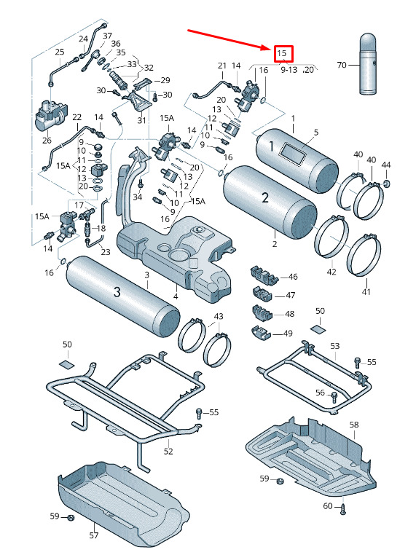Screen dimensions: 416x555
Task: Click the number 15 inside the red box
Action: point(282,53)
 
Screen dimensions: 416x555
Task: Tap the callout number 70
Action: point(342,65)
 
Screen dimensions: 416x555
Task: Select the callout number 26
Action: point(47,141)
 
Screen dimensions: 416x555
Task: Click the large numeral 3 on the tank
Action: point(117,291)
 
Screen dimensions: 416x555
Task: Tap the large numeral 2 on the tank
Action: point(265,198)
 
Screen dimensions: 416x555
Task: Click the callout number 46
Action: point(293,277)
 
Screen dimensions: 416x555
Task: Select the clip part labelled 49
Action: point(261,333)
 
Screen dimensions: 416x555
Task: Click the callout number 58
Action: point(354,425)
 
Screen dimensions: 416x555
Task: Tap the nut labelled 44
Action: point(386,184)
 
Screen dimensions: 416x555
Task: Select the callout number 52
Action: point(168,452)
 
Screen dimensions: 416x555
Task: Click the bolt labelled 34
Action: point(141,184)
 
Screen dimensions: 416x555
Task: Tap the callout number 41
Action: point(366,291)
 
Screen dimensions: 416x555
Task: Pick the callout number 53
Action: point(335,346)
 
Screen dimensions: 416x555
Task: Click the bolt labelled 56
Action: point(334,397)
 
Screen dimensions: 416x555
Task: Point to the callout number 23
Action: point(106,252)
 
